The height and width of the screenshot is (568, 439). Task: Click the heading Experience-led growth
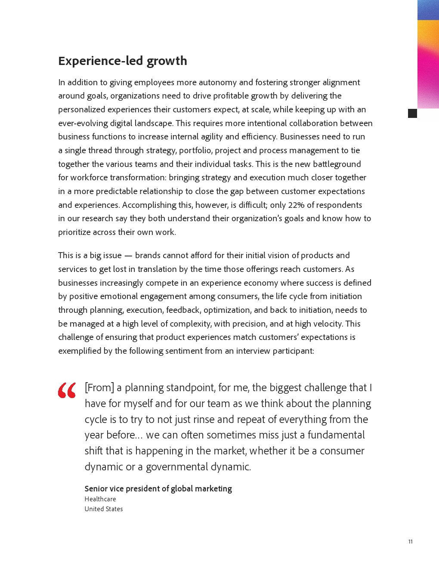[x=123, y=61]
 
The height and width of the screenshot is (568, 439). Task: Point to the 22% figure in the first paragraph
[x=297, y=205]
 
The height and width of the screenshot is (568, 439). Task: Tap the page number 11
[x=410, y=541]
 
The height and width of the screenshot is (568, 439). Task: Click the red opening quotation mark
[x=67, y=390]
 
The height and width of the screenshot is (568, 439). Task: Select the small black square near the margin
[x=412, y=113]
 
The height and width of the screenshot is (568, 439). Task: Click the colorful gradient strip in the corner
[x=428, y=54]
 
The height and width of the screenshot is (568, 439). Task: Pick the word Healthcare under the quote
[x=100, y=499]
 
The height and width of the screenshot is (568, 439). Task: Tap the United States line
[x=104, y=509]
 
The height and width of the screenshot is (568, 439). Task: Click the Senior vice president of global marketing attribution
[x=158, y=488]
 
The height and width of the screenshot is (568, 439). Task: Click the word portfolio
[x=195, y=150]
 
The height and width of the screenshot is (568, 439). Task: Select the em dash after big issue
[x=128, y=256]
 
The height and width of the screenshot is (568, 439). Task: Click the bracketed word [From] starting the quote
[x=99, y=387]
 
